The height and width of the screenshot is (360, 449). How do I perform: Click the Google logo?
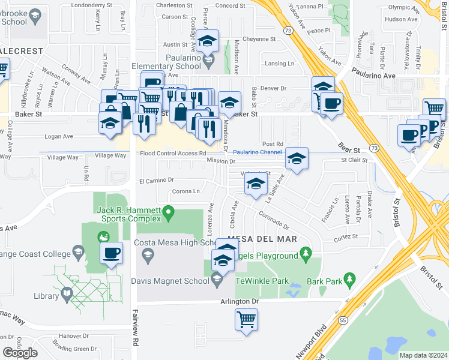click(x=20, y=353)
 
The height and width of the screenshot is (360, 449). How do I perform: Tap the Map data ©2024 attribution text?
click(x=424, y=355)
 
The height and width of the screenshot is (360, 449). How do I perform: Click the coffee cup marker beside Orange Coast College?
click(x=111, y=253)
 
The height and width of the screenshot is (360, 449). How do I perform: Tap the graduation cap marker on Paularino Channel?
click(x=297, y=159)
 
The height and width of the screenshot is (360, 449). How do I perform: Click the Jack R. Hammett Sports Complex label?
click(x=130, y=214)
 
